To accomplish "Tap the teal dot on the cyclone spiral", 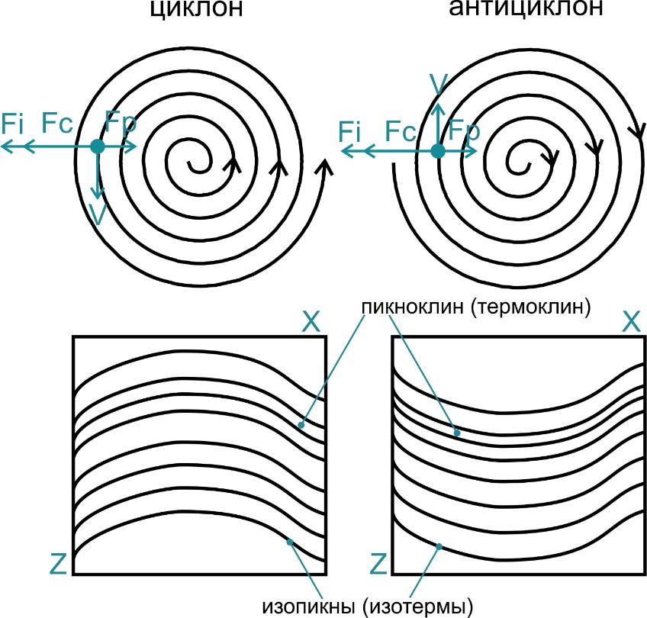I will [97, 146].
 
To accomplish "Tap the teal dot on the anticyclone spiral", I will [437, 151].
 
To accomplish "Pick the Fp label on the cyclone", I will [121, 122].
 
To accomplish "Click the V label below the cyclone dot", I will [97, 214].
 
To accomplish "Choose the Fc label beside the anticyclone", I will [401, 131].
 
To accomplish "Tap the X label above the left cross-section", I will [311, 323].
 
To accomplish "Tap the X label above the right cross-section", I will [630, 323].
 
